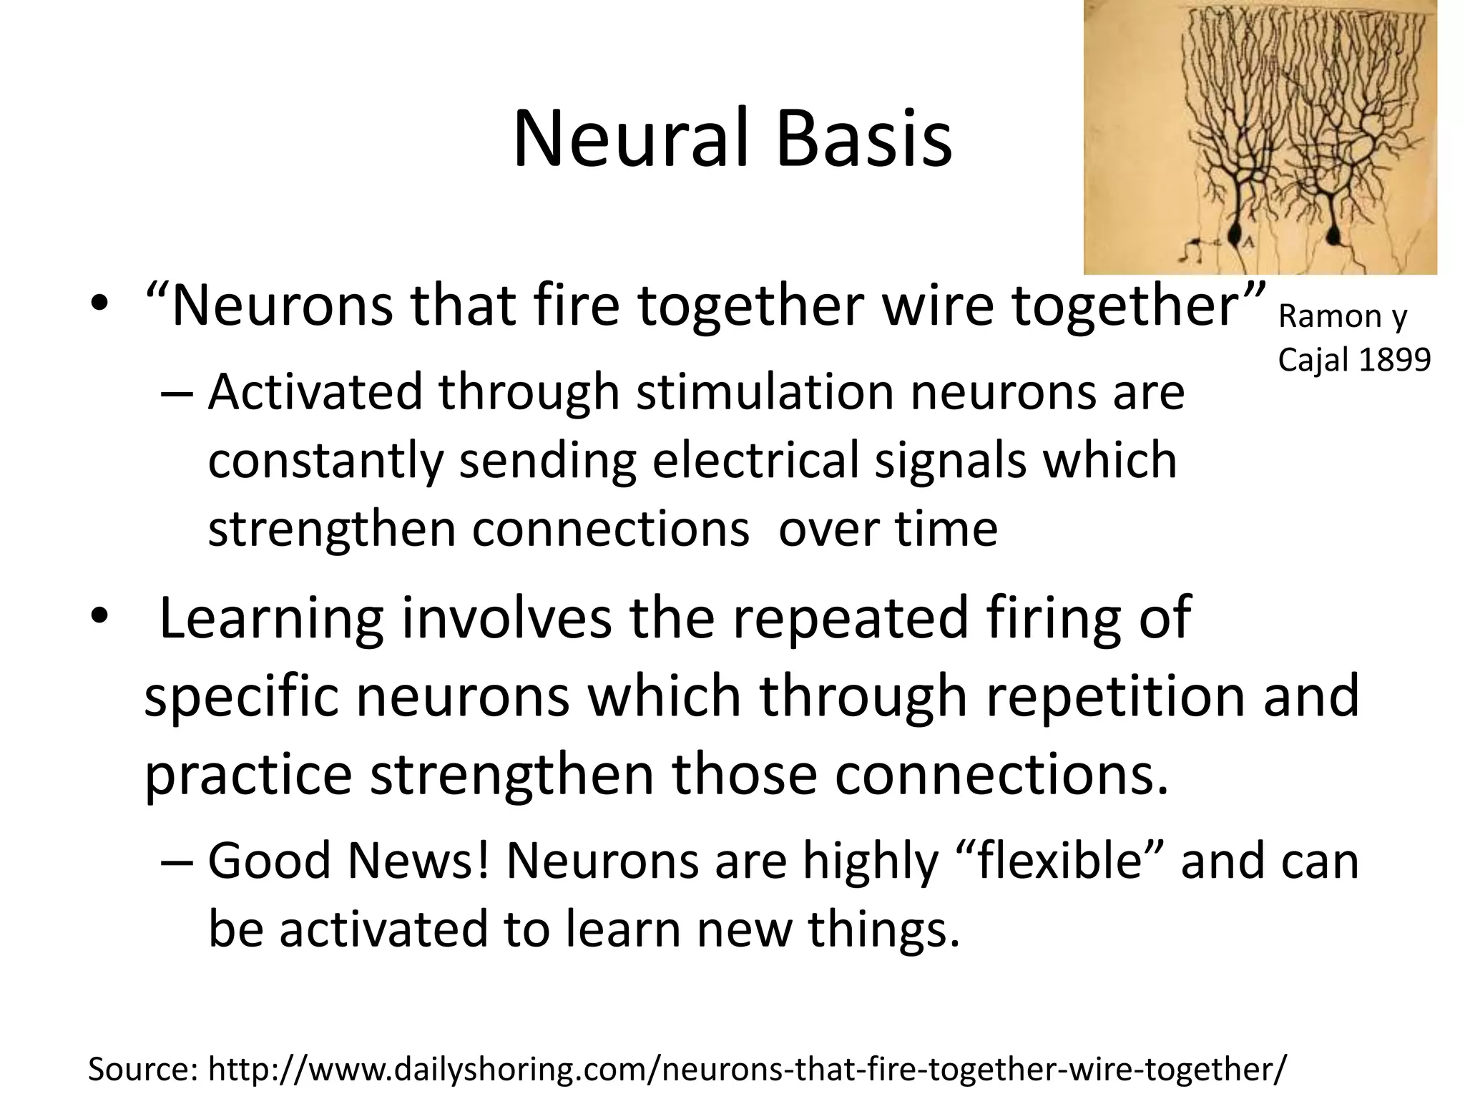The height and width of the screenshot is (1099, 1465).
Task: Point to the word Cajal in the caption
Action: (1312, 359)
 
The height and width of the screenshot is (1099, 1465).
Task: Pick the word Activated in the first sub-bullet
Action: (315, 392)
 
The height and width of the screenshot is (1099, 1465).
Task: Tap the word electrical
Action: (755, 460)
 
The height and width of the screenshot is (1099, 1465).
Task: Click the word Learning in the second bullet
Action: (272, 617)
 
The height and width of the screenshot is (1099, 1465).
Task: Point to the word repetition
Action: (1109, 695)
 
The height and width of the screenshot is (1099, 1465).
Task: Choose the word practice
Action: (248, 774)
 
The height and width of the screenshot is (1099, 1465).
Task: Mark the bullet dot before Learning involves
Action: (99, 616)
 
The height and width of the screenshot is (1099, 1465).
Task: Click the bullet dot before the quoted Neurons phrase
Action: (99, 303)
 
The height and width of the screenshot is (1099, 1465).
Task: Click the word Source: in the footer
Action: (142, 1069)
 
